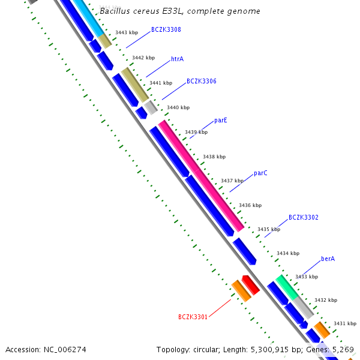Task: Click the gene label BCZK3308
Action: pos(166,29)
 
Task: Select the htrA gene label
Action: pos(177,59)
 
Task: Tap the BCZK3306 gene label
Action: pos(202,81)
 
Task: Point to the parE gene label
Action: pos(221,120)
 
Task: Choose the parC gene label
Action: pos(260,173)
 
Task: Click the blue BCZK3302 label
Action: pos(304,217)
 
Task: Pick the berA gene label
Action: pos(328,259)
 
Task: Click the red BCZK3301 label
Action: pos(193,317)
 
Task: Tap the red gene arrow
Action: pos(251,284)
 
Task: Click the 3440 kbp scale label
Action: pos(178,108)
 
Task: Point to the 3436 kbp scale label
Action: pos(250,205)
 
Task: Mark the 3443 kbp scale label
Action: pos(127,32)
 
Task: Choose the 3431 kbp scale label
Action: pos(345,323)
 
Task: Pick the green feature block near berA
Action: pos(286,287)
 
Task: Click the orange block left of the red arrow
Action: pos(241,290)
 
